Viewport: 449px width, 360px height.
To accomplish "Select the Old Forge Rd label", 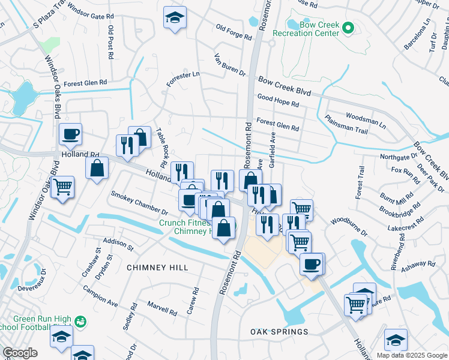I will click(x=234, y=32).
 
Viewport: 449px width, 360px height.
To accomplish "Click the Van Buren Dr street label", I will click(x=231, y=65).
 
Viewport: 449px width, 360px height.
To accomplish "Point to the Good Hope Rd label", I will click(x=278, y=100).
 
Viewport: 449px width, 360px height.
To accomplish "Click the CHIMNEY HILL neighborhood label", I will click(x=157, y=268).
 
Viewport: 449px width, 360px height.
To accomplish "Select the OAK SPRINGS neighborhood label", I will click(x=279, y=332).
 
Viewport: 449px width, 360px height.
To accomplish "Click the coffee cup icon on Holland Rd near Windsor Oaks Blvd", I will click(x=71, y=134).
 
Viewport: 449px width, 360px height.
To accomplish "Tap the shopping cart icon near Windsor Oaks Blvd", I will click(x=62, y=187).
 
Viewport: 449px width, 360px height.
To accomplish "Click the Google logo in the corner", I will click(x=20, y=353).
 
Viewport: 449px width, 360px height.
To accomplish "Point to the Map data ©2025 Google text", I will click(x=412, y=355).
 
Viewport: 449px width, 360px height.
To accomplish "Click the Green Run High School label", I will click(x=37, y=324).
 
